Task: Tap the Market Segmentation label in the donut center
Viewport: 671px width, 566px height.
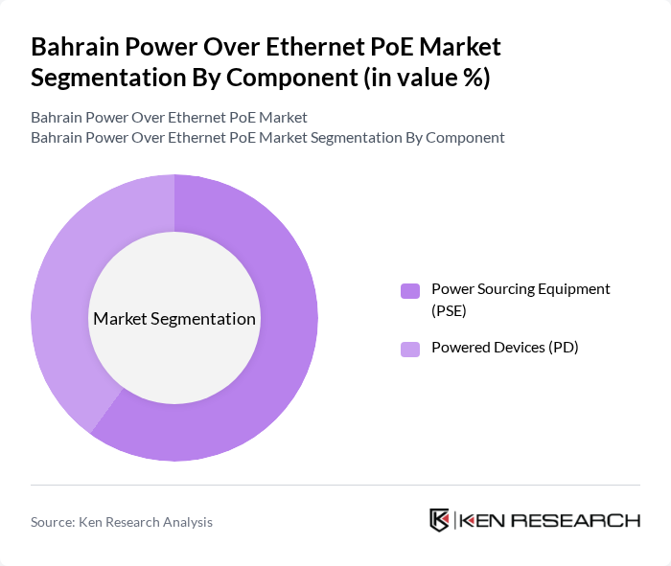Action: point(174,319)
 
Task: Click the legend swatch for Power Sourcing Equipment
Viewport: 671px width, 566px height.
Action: point(410,291)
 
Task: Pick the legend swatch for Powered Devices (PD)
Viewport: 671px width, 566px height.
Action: point(410,349)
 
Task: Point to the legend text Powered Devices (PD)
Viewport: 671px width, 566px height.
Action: point(504,348)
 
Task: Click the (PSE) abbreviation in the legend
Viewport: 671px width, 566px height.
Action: point(449,310)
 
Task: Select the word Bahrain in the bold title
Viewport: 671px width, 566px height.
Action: point(75,47)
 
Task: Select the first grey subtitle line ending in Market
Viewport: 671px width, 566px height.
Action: point(169,118)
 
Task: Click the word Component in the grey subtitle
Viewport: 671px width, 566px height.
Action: point(465,137)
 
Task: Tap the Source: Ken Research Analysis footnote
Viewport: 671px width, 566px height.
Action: point(122,522)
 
